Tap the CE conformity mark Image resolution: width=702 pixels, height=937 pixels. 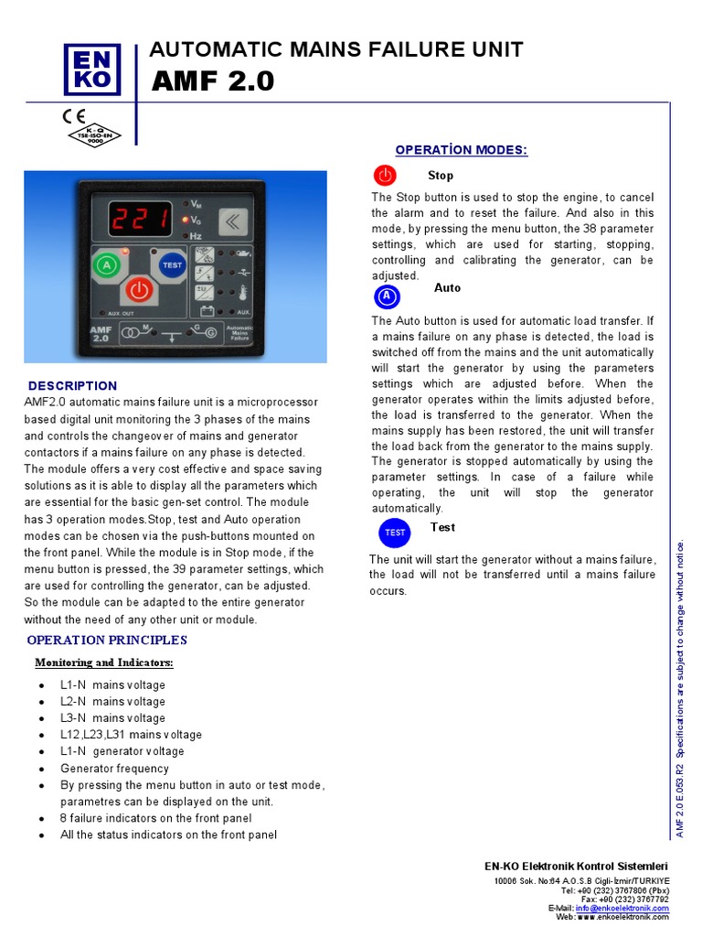(x=73, y=116)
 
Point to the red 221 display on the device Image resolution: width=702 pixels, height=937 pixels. (x=140, y=219)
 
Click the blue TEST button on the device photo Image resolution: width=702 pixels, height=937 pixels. (x=172, y=265)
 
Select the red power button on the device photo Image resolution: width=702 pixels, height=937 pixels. (x=138, y=290)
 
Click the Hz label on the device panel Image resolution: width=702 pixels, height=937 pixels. (x=196, y=236)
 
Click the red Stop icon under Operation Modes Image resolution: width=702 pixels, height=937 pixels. (x=385, y=175)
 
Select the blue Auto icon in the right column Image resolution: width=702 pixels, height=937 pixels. (x=388, y=296)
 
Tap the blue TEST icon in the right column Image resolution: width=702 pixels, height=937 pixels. (x=395, y=533)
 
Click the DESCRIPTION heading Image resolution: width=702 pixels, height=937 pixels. (x=73, y=386)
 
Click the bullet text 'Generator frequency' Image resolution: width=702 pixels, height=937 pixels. (x=114, y=769)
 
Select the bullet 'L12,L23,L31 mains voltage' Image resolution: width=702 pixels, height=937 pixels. (x=131, y=735)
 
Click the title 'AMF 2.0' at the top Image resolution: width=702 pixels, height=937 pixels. (x=218, y=81)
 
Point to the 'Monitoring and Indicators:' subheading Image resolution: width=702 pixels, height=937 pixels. (x=103, y=662)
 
